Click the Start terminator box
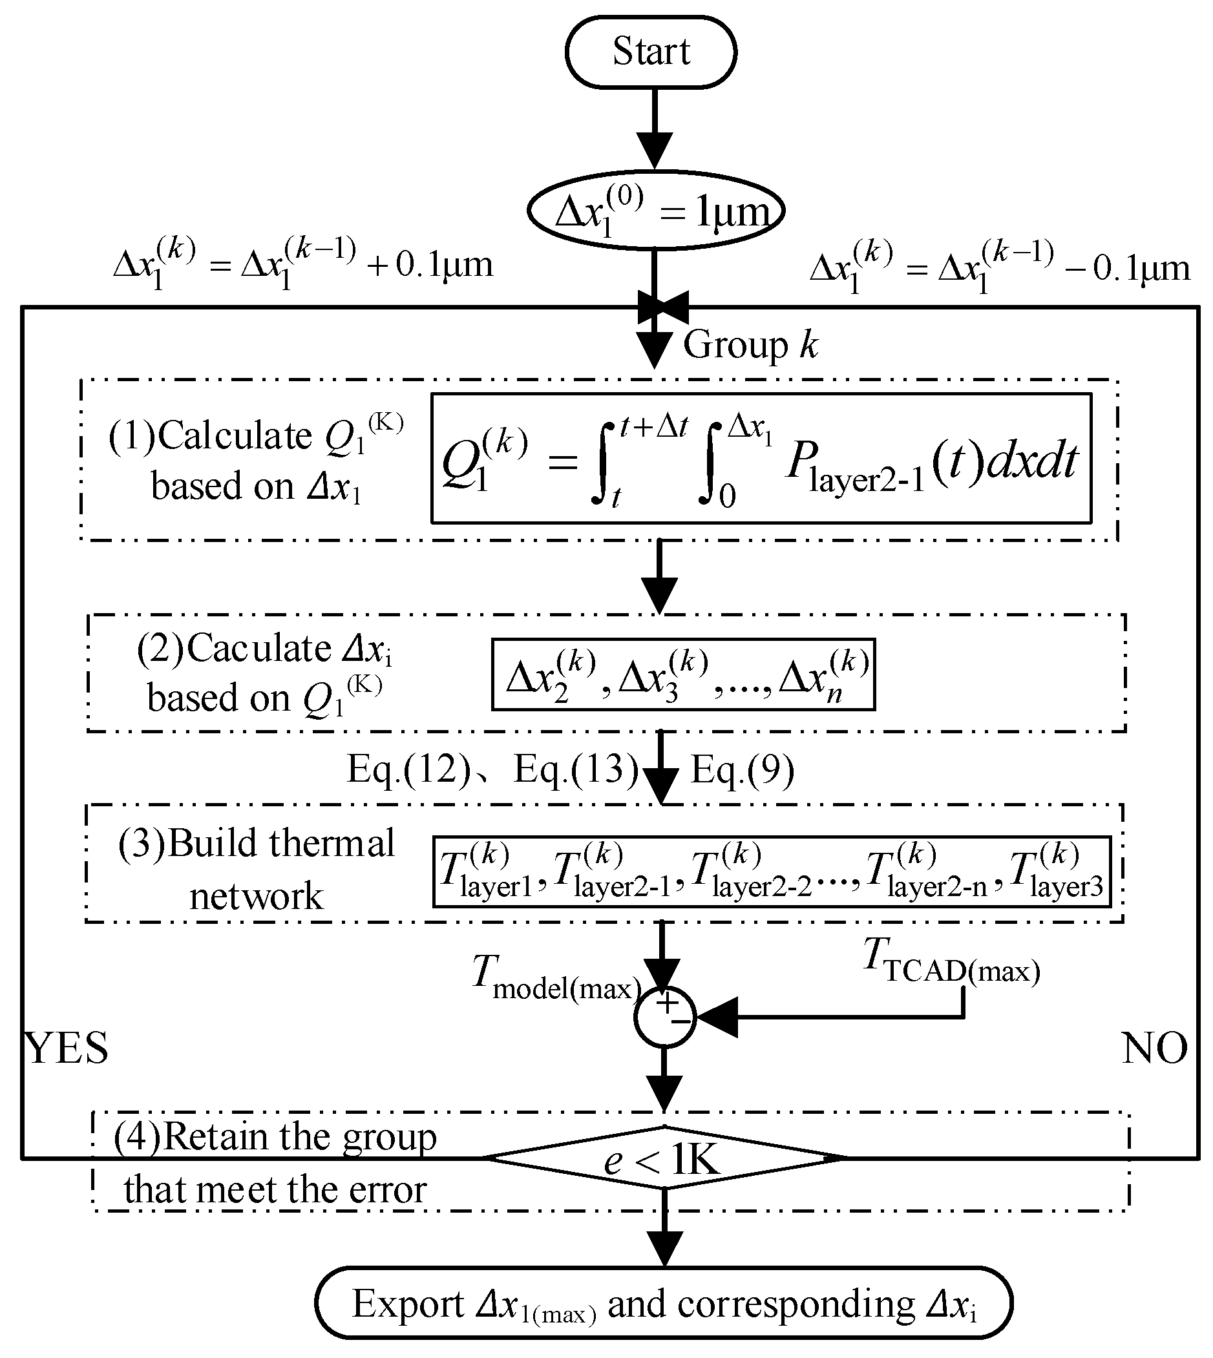click(x=651, y=52)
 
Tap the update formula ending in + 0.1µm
click(x=303, y=267)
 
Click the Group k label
click(x=750, y=345)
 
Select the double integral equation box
click(x=761, y=459)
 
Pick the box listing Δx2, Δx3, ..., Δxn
click(x=683, y=674)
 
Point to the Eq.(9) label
click(x=742, y=769)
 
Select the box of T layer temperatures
click(x=772, y=872)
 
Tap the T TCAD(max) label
click(x=952, y=960)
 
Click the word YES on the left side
click(x=66, y=1048)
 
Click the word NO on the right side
click(x=1154, y=1048)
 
